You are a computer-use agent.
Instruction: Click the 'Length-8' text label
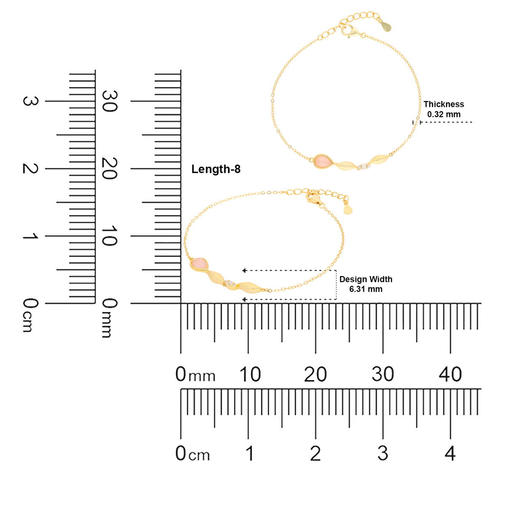point(216,169)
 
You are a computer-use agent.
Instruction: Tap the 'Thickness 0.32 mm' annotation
point(444,109)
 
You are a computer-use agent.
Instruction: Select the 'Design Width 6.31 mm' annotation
point(366,284)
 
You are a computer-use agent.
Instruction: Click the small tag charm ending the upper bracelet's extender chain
point(386,26)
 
